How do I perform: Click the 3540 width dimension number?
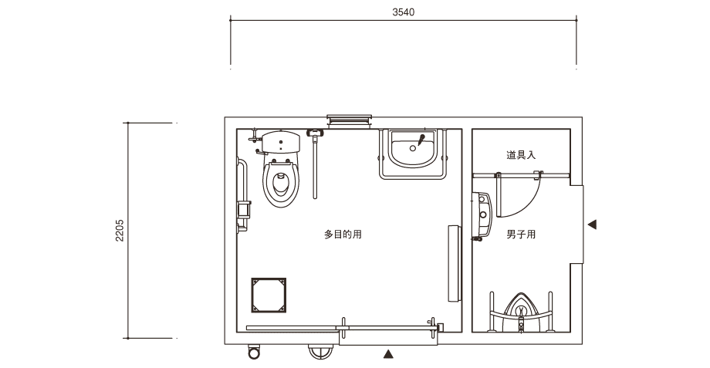coord(403,12)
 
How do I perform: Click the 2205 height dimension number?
coord(120,231)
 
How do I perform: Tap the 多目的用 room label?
coord(343,235)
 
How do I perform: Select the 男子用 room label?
coord(521,235)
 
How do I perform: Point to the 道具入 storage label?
coord(521,155)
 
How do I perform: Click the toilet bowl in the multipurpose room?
coord(281,183)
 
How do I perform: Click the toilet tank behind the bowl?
coord(281,142)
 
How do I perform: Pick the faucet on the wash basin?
coord(422,140)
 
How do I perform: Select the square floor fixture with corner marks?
coord(269,295)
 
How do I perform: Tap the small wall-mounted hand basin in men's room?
coord(482,214)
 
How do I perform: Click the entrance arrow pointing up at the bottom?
coord(388,354)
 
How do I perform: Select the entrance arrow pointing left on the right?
coord(592,224)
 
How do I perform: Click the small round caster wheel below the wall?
coord(254,352)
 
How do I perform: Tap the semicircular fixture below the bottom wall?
coord(320,352)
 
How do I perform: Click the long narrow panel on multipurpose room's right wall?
coord(454,263)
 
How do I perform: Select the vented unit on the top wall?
coord(349,121)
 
